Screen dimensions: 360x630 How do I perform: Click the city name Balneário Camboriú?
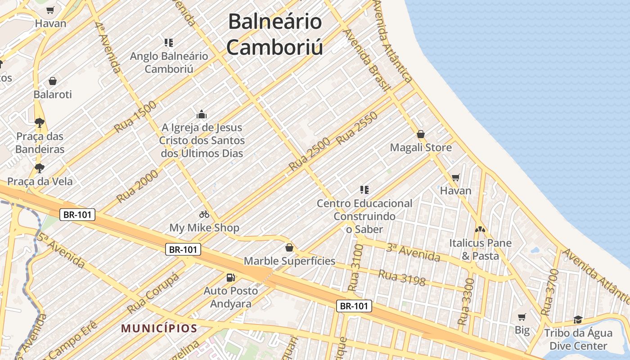[274, 34]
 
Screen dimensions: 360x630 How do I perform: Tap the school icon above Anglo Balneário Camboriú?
[169, 43]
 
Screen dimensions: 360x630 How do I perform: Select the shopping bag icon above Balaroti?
[53, 81]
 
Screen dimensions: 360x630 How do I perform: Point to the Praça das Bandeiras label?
[40, 143]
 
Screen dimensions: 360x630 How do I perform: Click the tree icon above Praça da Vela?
[40, 168]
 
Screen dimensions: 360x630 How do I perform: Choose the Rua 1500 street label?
[135, 117]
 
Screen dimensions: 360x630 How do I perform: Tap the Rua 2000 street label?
[137, 186]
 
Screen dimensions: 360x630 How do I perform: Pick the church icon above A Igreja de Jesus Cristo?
[201, 114]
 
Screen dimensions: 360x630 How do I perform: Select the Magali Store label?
[421, 148]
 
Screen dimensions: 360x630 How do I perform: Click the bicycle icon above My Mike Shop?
[204, 214]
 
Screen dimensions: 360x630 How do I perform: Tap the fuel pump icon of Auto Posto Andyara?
[231, 278]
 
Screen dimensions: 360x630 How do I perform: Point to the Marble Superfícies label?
[289, 261]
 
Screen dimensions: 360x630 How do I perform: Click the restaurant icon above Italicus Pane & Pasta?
[480, 229]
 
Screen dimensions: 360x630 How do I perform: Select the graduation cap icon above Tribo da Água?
[578, 320]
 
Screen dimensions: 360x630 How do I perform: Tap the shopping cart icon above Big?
[522, 317]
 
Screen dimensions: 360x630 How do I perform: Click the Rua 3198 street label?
[401, 278]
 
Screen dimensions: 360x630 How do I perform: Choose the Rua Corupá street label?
[153, 293]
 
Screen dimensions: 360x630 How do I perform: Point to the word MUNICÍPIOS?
[159, 328]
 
